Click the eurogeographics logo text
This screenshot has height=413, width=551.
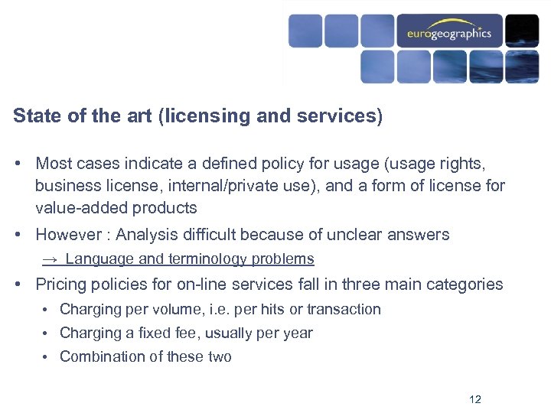(449, 34)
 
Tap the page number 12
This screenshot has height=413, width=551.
(474, 400)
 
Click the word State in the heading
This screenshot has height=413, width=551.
(34, 116)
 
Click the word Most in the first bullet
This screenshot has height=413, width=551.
(53, 163)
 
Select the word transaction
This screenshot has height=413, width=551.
(343, 310)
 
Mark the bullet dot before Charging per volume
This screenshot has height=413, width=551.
(47, 310)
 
